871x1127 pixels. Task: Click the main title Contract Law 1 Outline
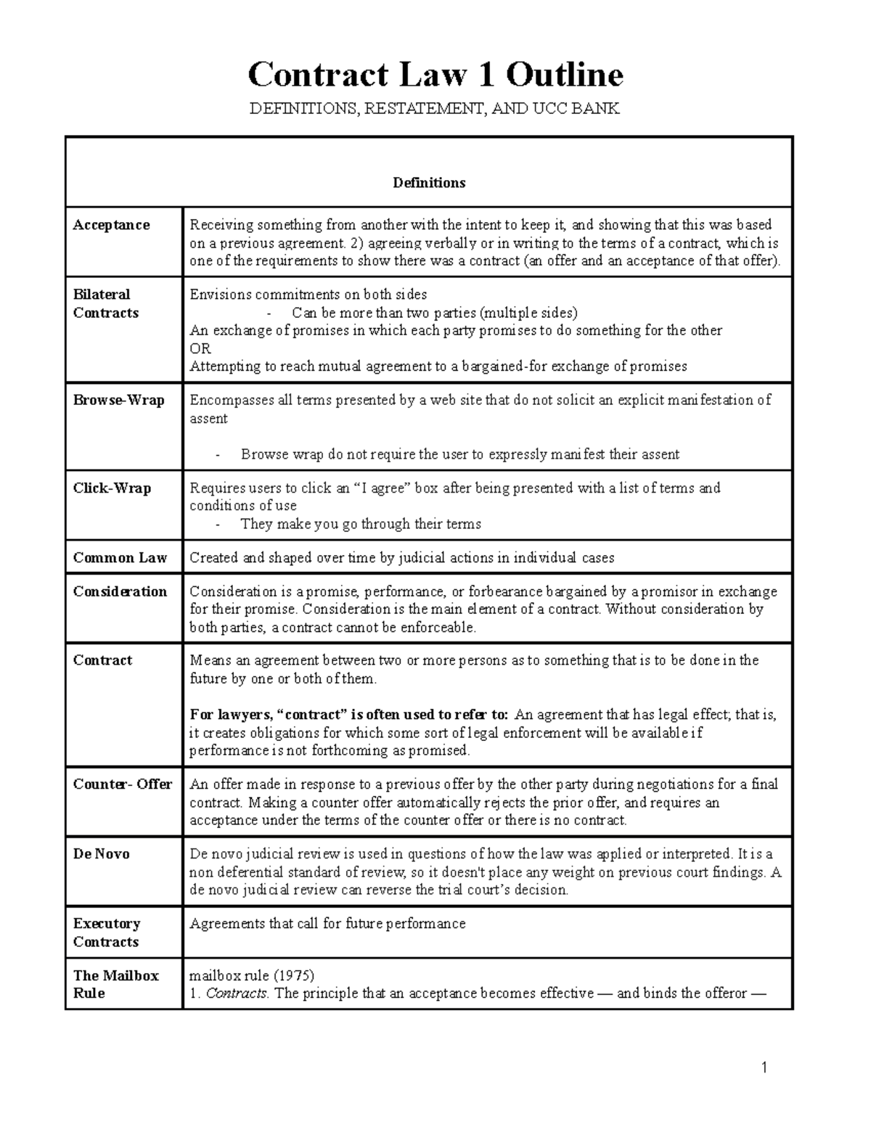435,75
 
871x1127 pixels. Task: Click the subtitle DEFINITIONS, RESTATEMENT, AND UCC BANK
435,110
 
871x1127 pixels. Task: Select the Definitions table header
429,183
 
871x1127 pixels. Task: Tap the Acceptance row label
111,225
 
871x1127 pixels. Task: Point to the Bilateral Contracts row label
105,303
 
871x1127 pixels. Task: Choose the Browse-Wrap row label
118,400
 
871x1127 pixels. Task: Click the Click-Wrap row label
112,488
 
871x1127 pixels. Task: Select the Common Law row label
120,557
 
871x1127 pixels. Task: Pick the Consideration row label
120,591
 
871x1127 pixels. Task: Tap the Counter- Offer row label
122,784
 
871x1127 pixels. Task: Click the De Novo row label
101,853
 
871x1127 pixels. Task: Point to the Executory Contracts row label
106,932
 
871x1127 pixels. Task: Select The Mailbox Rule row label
115,984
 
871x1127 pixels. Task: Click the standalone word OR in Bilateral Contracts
200,348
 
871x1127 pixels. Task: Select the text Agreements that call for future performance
327,924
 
